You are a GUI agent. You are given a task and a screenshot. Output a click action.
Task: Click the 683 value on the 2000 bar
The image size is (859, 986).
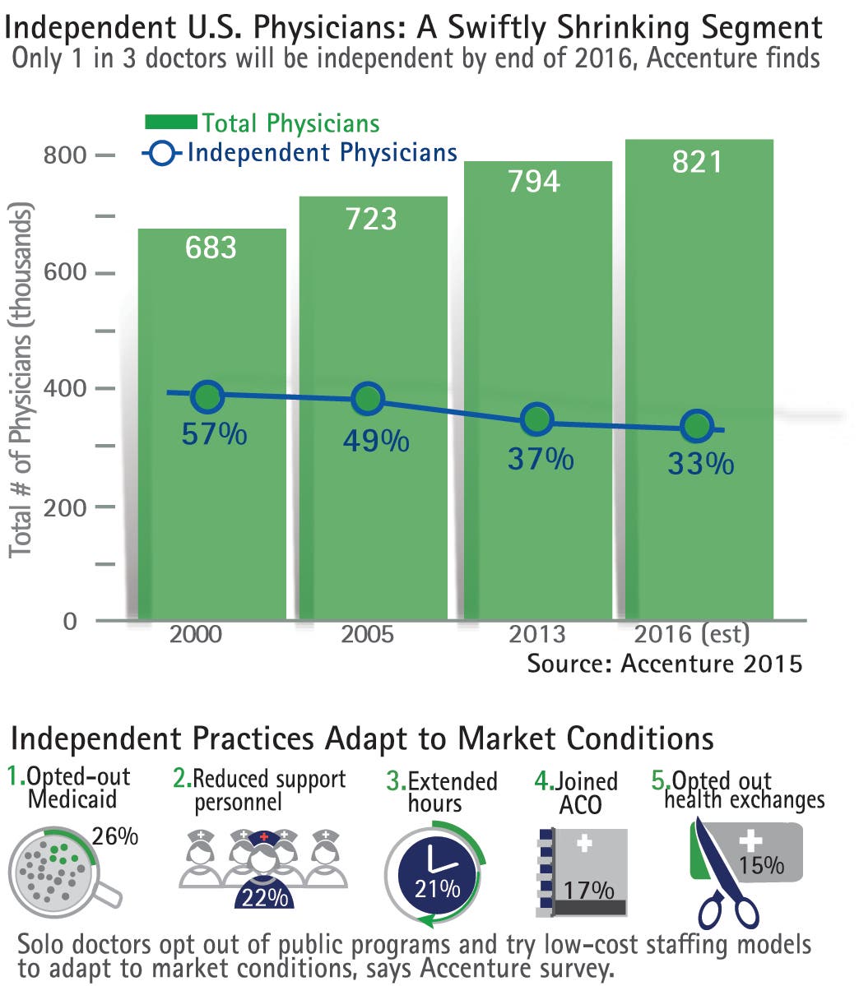coord(211,248)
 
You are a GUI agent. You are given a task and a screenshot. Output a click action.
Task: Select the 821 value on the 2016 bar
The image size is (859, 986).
coord(697,162)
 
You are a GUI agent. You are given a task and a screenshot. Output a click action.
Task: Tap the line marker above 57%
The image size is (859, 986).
coord(208,397)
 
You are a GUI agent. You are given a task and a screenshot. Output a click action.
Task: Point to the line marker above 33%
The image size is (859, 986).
coord(697,426)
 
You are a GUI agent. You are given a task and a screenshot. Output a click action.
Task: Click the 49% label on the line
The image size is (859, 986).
coord(375,441)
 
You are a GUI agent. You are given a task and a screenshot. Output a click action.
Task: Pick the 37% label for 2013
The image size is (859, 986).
coord(540,459)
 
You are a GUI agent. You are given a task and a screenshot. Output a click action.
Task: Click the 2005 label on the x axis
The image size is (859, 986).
coord(368,634)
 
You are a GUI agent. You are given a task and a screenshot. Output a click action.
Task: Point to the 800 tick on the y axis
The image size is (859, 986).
coord(65,155)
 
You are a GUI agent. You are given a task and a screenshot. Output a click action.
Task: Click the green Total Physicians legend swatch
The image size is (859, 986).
coord(171,123)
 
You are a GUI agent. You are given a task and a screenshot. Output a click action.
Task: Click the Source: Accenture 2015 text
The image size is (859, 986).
coord(664,663)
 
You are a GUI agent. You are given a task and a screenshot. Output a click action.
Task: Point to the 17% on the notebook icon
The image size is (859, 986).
coord(589,890)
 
